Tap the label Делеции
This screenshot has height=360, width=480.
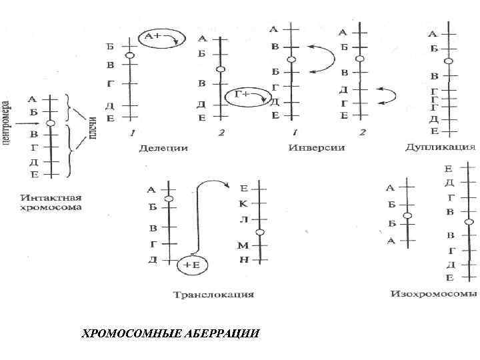tap(163, 147)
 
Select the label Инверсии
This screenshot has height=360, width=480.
tap(317, 147)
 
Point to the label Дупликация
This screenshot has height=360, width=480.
tap(440, 147)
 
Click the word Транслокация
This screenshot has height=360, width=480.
tap(213, 294)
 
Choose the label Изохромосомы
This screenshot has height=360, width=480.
tap(434, 293)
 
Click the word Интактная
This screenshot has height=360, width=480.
tap(51, 197)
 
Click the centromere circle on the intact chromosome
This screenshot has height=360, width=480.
tap(51, 123)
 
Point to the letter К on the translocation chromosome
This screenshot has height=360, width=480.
tap(243, 204)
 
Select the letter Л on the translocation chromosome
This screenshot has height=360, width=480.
tap(243, 219)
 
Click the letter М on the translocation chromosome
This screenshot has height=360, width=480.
tap(243, 246)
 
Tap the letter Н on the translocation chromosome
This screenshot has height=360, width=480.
tap(243, 259)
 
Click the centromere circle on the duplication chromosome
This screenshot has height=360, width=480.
tap(449, 61)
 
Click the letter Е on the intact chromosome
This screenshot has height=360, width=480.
tap(34, 174)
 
